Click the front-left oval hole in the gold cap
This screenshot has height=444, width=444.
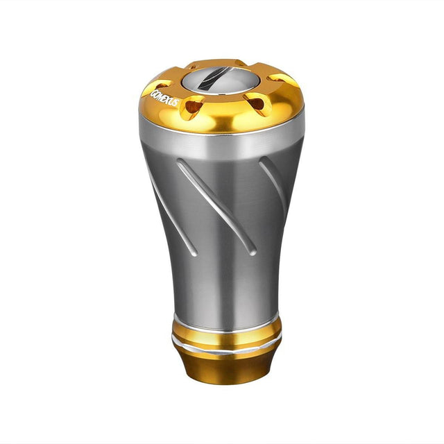coord(192,106)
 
